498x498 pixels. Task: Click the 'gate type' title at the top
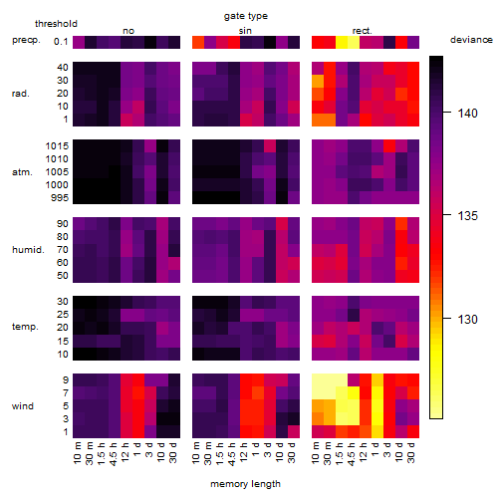(x=246, y=16)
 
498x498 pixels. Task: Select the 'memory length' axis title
(x=245, y=484)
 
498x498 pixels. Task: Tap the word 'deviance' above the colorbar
(x=471, y=40)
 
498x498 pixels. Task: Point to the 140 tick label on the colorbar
(x=467, y=114)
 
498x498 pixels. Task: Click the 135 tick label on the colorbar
(x=467, y=216)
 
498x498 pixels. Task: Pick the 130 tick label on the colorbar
(x=467, y=320)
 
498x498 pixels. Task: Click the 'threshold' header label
(x=56, y=24)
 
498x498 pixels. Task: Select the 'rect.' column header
(x=363, y=31)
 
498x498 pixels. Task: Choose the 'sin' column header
(x=245, y=31)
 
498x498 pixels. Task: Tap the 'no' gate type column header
(x=128, y=31)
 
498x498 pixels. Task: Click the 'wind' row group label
(x=23, y=406)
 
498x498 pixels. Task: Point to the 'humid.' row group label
(x=28, y=250)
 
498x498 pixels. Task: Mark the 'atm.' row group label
(x=22, y=172)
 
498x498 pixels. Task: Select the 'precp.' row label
(x=26, y=40)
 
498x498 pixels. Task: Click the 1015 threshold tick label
(x=57, y=146)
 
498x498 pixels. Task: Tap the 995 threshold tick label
(x=60, y=198)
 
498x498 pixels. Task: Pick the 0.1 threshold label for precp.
(x=61, y=42)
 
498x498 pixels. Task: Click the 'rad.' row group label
(x=21, y=94)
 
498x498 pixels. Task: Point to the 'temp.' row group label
(x=25, y=327)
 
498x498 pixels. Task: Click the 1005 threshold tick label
(x=57, y=172)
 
